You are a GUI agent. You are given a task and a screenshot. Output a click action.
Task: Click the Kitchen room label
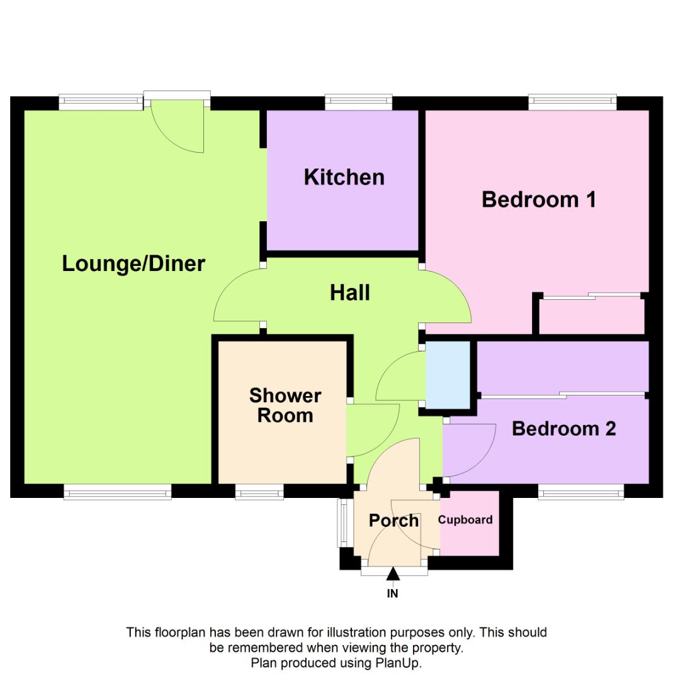pos(344,177)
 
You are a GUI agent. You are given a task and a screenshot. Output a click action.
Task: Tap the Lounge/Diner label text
pos(133,263)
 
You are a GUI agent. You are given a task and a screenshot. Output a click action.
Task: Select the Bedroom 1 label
pos(538,200)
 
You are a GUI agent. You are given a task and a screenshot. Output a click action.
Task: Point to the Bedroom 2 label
pos(563,429)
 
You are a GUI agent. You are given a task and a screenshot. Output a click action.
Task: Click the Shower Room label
pos(285,406)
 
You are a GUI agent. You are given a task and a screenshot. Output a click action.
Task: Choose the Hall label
pos(349,292)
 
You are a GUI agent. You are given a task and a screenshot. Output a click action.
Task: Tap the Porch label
pos(393,521)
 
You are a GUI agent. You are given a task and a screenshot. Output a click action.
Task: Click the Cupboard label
pos(465,520)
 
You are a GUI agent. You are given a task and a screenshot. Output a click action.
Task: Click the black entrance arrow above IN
pos(393,573)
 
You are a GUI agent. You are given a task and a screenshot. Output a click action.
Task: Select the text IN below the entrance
pos(393,593)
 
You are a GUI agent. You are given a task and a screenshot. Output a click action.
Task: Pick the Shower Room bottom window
pos(259,492)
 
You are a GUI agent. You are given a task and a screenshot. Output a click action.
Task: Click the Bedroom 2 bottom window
pos(581,492)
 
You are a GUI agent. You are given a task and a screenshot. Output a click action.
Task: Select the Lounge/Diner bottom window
pos(117,492)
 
